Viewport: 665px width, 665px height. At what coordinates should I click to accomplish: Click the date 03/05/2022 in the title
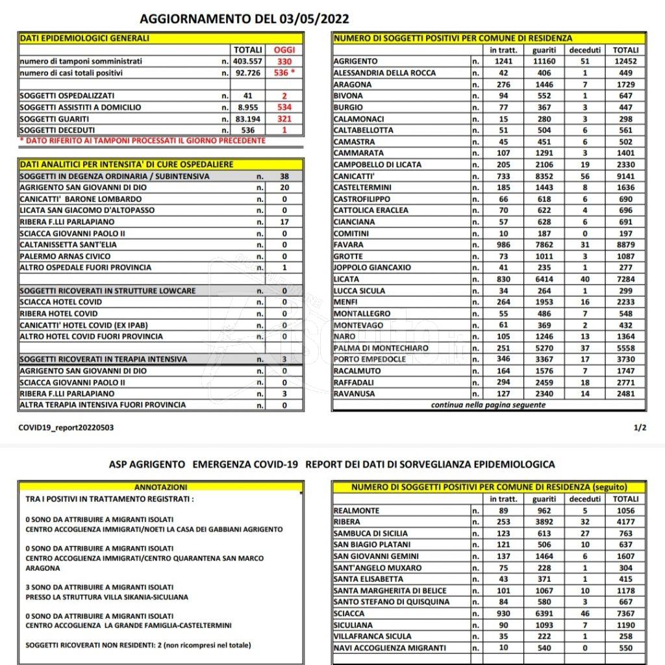tap(312, 18)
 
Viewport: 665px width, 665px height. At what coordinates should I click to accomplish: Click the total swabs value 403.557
tap(249, 61)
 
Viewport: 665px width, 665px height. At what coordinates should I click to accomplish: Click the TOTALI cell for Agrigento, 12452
tap(625, 61)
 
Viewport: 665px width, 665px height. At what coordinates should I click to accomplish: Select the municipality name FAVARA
tap(349, 245)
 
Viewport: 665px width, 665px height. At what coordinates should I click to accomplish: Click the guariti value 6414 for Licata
tap(544, 279)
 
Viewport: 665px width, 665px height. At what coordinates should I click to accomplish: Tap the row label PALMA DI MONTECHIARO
tap(381, 348)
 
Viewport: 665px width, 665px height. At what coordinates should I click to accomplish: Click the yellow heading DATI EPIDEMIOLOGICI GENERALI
tap(84, 38)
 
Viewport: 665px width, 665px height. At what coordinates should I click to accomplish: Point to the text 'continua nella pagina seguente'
tap(488, 405)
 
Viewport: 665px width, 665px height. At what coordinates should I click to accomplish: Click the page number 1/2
tap(639, 427)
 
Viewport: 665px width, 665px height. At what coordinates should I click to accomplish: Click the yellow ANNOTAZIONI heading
tap(160, 487)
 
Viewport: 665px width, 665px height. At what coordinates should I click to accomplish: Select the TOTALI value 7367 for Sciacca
tap(625, 613)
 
